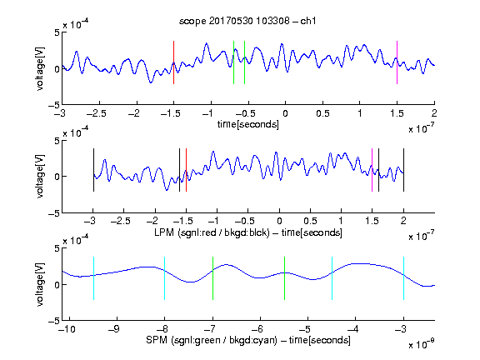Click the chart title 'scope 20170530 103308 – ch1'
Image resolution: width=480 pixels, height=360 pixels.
[x=247, y=21]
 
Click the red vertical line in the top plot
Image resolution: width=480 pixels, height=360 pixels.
[x=173, y=62]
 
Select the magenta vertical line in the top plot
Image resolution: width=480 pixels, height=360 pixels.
[x=397, y=62]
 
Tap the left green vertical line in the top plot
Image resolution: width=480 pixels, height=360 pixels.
[x=233, y=62]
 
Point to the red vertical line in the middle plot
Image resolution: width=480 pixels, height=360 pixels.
[x=186, y=170]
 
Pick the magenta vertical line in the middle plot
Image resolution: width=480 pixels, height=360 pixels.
[x=372, y=170]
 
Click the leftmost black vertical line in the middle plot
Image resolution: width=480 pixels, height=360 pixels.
[x=93, y=170]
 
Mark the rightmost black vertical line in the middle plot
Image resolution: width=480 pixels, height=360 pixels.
[x=403, y=170]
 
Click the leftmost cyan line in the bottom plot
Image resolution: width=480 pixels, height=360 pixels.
[x=93, y=278]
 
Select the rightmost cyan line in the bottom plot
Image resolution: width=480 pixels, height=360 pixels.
[x=403, y=278]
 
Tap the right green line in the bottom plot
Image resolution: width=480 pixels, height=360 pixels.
[x=284, y=278]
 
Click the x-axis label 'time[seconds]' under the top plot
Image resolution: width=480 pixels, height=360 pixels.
[x=248, y=125]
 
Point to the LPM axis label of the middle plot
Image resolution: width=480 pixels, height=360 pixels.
[x=248, y=232]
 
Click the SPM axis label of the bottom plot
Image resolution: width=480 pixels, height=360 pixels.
[x=248, y=340]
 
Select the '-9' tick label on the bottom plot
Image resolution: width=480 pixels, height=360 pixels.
[x=114, y=329]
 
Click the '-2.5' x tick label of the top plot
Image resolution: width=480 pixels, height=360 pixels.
[x=97, y=113]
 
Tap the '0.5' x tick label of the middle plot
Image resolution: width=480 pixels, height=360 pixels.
[x=310, y=221]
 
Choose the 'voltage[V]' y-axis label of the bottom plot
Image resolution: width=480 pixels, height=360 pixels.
[x=40, y=285]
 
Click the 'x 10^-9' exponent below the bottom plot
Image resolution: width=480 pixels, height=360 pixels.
[x=421, y=344]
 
